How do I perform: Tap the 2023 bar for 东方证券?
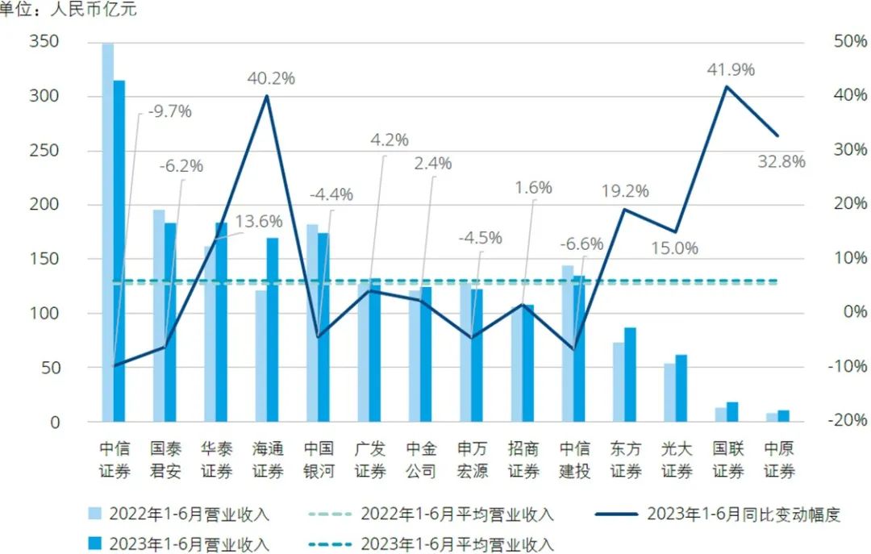click(x=630, y=374)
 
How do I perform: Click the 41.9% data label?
click(x=731, y=70)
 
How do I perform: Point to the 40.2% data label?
click(x=271, y=78)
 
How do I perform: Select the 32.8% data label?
click(x=781, y=161)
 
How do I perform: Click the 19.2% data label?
click(x=625, y=191)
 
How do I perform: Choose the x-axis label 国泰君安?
click(x=165, y=460)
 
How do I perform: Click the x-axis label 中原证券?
click(x=778, y=460)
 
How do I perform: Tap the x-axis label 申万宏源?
click(x=472, y=460)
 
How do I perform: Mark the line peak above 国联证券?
click(x=727, y=86)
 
